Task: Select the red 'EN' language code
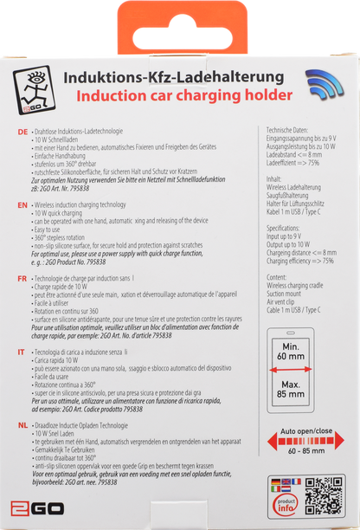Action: click(x=22, y=206)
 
